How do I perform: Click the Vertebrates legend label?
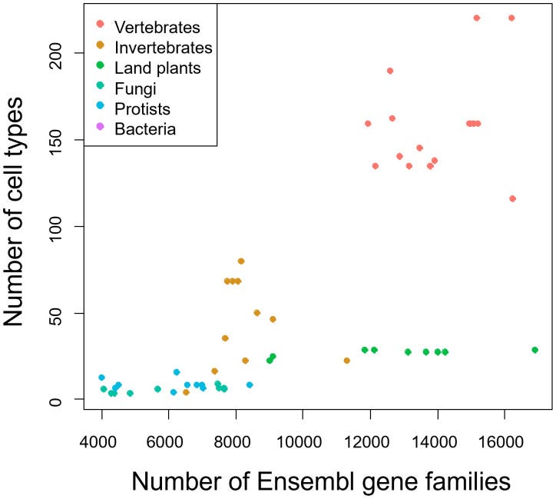point(157,27)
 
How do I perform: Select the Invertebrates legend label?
point(163,48)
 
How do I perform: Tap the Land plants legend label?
point(157,68)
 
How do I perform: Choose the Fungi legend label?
point(134,88)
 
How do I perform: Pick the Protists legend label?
point(142,108)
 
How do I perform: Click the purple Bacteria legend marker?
point(100,128)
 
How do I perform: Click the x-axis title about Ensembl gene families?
point(321,481)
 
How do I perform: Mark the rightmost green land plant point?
point(534,350)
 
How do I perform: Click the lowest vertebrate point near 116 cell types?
point(512,198)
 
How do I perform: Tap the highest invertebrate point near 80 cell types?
point(241,261)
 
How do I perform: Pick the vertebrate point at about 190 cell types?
point(390,71)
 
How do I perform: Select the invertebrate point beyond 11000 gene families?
point(346,361)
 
